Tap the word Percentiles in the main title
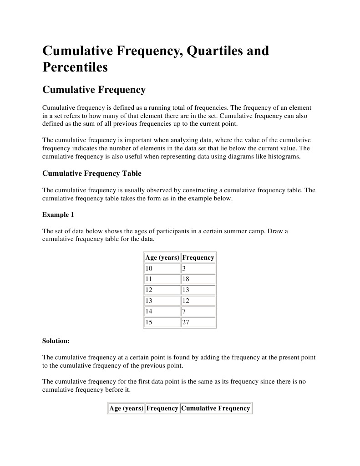[75, 67]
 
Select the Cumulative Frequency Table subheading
[91, 174]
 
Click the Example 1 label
[58, 215]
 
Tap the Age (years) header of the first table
[162, 258]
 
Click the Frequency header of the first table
[198, 258]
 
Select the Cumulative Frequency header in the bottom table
[215, 409]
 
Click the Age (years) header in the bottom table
[126, 409]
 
